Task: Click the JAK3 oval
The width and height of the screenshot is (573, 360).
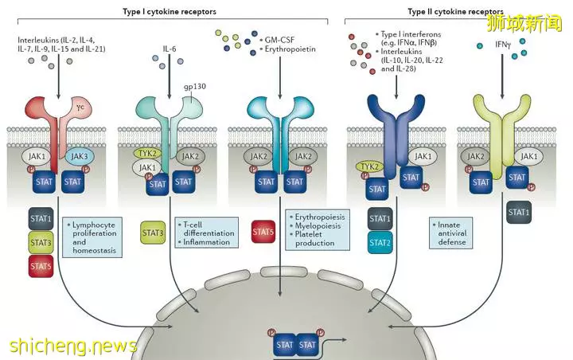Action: [80, 157]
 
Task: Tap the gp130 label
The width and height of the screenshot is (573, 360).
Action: [195, 86]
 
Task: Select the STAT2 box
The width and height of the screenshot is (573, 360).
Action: [380, 243]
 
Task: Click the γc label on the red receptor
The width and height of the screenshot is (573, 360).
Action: [80, 107]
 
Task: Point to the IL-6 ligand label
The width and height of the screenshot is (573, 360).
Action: [170, 49]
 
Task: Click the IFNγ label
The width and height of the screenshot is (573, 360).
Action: [503, 45]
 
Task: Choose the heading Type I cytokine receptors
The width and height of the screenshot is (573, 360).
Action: [170, 11]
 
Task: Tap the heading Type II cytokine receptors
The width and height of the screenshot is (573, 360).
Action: [455, 11]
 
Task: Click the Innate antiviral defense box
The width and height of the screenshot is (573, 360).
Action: [450, 233]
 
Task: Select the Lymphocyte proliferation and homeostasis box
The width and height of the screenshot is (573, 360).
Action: [92, 237]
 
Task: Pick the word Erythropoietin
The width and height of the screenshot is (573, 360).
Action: [290, 49]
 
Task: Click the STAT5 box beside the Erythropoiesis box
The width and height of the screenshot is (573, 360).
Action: [263, 232]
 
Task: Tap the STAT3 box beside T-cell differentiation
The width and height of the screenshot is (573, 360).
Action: [153, 233]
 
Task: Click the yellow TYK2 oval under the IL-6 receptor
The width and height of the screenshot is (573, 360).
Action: [148, 153]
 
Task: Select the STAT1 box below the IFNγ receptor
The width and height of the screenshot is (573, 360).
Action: [519, 212]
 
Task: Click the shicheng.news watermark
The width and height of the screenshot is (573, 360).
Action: [73, 346]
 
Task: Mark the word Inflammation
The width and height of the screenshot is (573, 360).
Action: [206, 242]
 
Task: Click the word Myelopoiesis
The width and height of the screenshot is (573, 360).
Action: [318, 225]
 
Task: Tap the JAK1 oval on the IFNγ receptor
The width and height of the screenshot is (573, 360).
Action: [528, 157]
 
